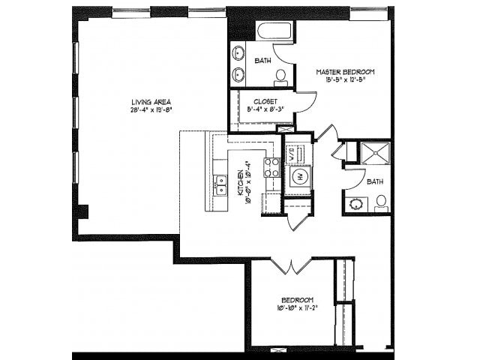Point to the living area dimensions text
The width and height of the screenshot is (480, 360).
tap(151, 109)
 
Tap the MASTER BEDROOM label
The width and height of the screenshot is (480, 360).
tap(344, 72)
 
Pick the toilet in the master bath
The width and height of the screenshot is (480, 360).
tap(280, 76)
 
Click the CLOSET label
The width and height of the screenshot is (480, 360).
tap(265, 100)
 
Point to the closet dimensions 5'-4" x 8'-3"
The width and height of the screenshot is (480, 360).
tap(263, 109)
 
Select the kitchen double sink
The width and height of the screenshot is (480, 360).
tap(220, 184)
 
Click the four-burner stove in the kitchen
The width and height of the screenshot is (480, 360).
tap(271, 167)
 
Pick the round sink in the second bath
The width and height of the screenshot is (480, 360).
tap(353, 203)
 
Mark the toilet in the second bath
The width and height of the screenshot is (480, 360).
tap(381, 202)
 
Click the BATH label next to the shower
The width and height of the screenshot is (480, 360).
tap(376, 181)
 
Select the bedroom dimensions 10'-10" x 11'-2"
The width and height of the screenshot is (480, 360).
tap(295, 307)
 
